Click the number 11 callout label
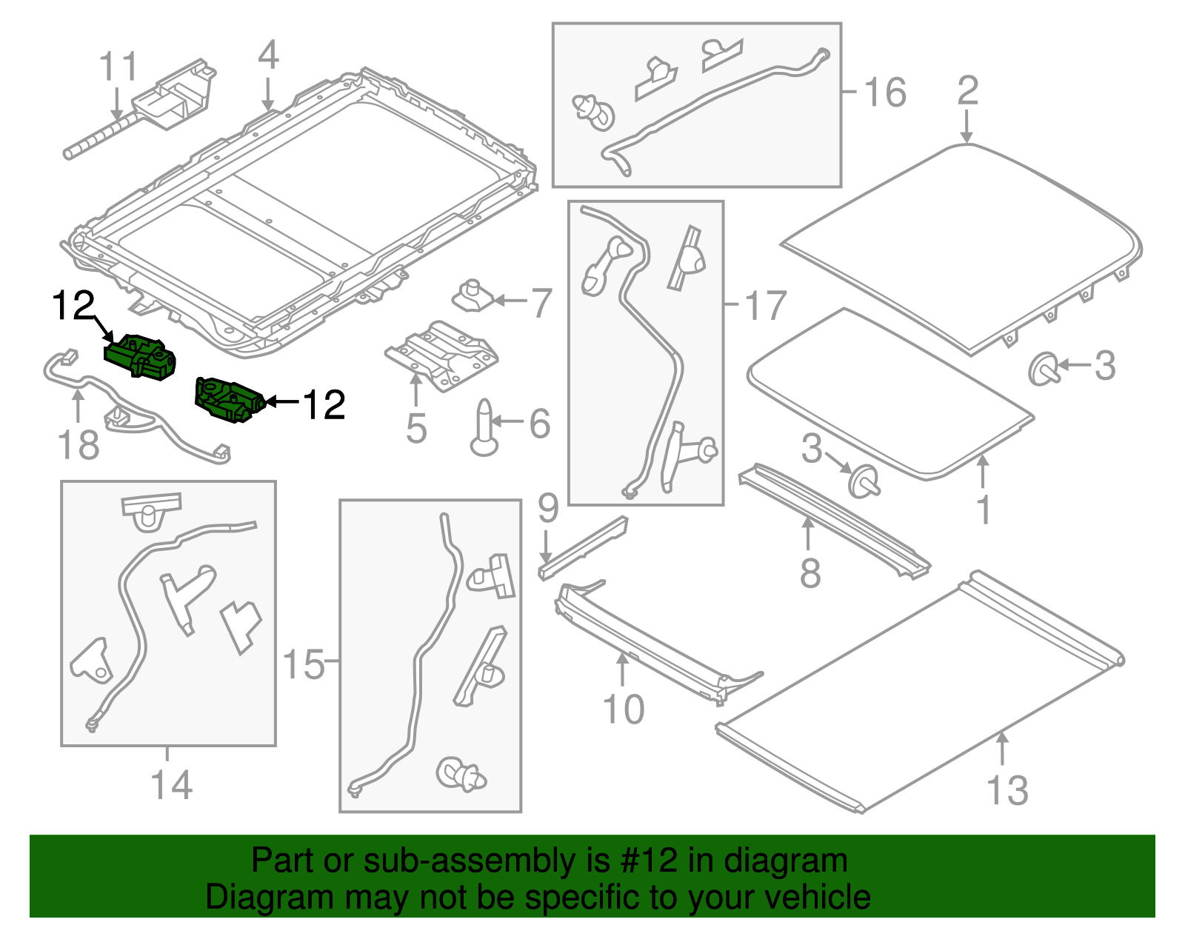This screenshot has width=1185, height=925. pyautogui.click(x=118, y=67)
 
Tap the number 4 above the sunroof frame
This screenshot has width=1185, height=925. pyautogui.click(x=268, y=56)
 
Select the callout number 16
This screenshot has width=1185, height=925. pyautogui.click(x=884, y=93)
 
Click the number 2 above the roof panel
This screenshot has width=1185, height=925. pyautogui.click(x=968, y=91)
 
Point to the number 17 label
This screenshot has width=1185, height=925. pyautogui.click(x=764, y=306)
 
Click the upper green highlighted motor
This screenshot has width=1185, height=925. pyautogui.click(x=141, y=356)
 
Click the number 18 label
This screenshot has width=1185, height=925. pyautogui.click(x=78, y=446)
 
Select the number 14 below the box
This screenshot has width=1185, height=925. pyautogui.click(x=171, y=785)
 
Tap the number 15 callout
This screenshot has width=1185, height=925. pyautogui.click(x=304, y=664)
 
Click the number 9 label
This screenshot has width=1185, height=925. pyautogui.click(x=548, y=508)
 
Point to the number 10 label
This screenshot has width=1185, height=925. pyautogui.click(x=624, y=709)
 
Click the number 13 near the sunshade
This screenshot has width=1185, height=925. pyautogui.click(x=1007, y=790)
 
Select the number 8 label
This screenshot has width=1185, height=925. pyautogui.click(x=810, y=573)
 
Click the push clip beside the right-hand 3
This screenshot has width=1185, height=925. pyautogui.click(x=1044, y=368)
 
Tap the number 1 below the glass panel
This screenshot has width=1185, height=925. pyautogui.click(x=984, y=510)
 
